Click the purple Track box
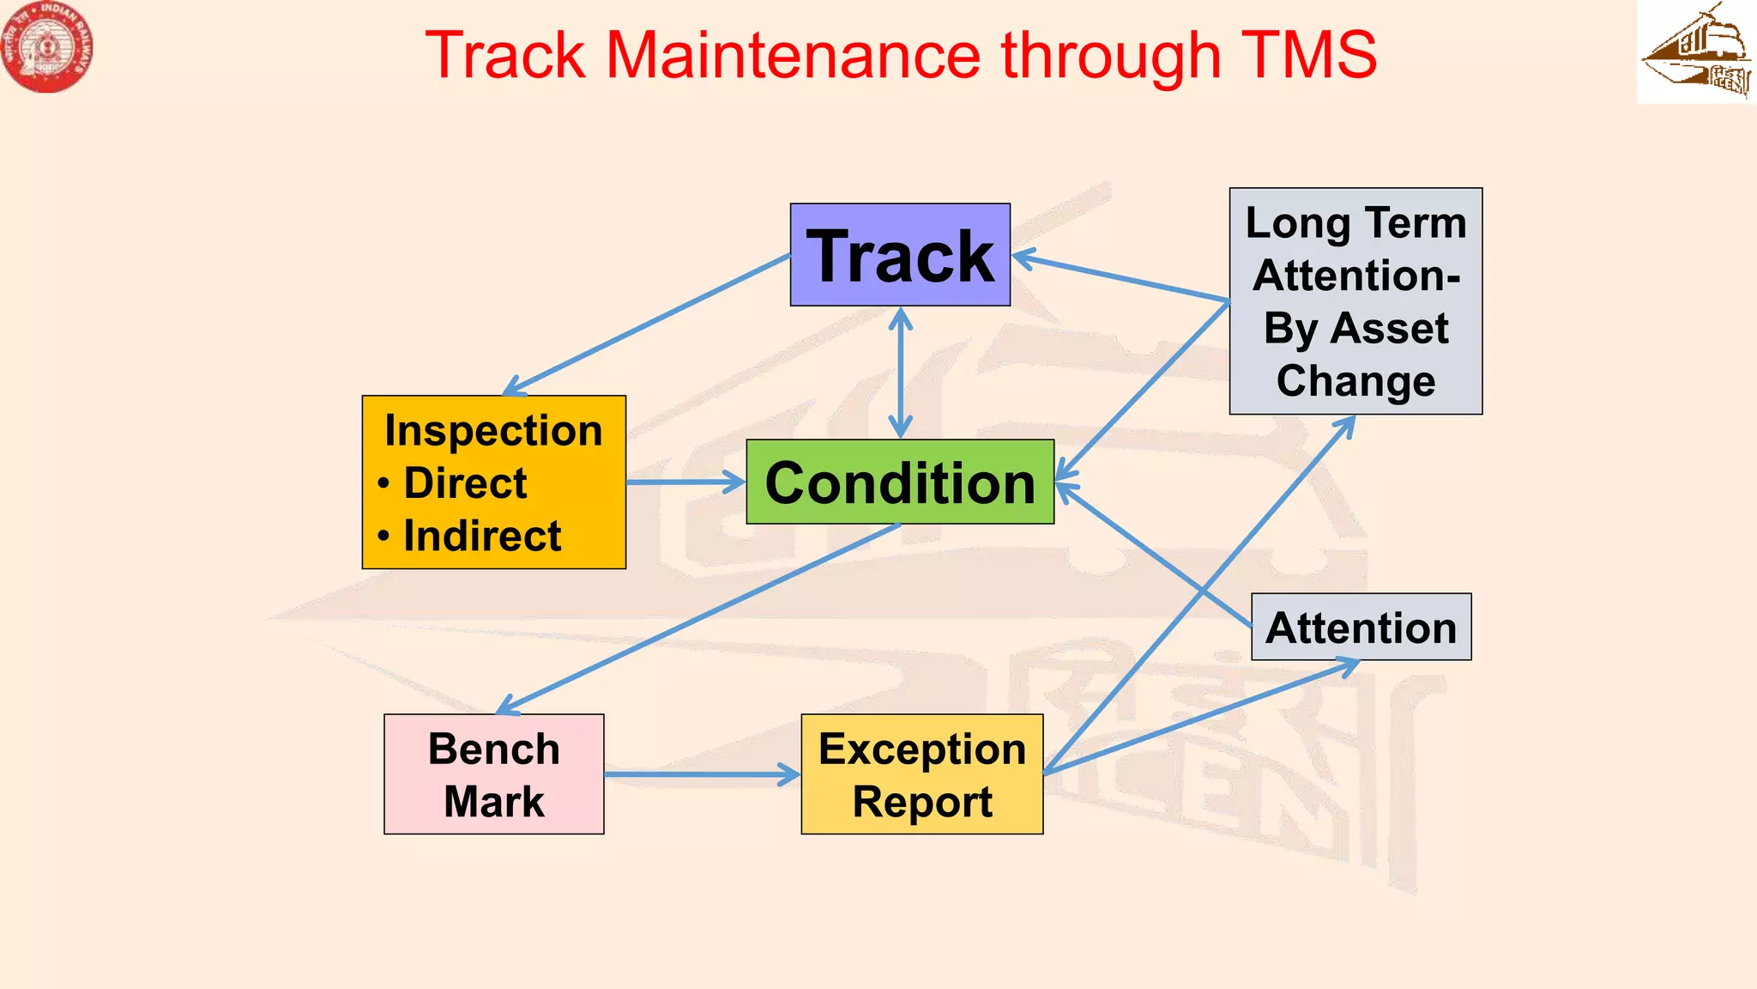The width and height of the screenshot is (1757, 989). coord(900,255)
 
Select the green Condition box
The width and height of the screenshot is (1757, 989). coord(900,482)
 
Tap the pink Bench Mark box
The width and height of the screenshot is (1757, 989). coord(493,774)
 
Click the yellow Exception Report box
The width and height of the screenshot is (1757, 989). coord(921,774)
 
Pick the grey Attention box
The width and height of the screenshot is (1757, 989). coord(1361,628)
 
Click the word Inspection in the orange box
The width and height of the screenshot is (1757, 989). coord(493,430)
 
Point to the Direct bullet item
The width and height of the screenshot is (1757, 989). coord(464,483)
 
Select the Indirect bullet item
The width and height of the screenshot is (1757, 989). coord(481,537)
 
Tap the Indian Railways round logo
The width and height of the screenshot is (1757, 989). coord(47,47)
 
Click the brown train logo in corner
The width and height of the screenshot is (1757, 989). coord(1696,52)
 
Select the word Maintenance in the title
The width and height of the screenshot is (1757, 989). coord(793,56)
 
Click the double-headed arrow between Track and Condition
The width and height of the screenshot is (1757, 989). coord(900,373)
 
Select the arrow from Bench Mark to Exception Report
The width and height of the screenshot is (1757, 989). coord(699,774)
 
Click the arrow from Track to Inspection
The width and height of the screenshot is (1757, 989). coord(648,325)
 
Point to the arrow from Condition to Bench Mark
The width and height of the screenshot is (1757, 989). coord(699,618)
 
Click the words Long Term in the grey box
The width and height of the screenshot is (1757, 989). coord(1355,223)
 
